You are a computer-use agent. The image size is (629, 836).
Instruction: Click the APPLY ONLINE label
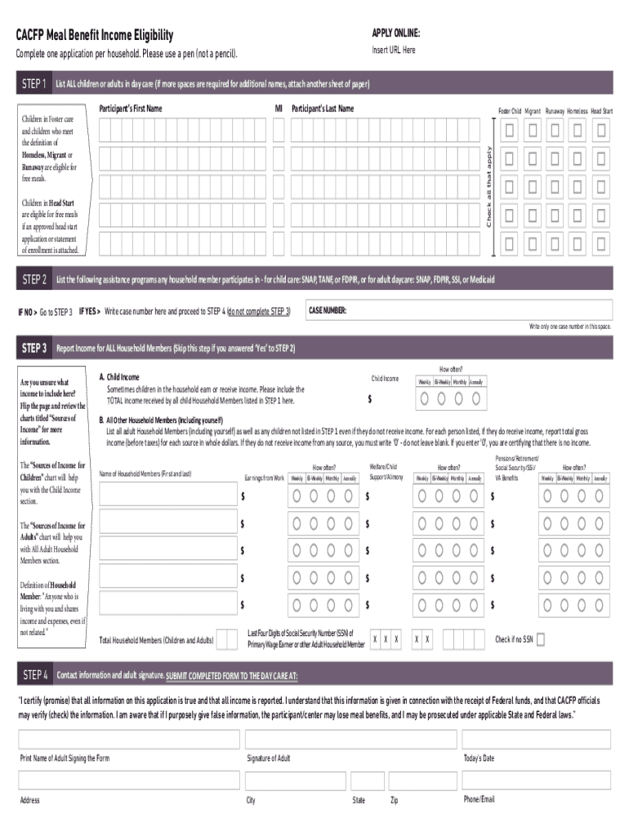396,33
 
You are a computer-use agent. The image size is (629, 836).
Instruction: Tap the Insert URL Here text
394,51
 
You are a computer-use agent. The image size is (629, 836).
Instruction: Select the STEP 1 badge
33,84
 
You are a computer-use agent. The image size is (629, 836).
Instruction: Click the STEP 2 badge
33,280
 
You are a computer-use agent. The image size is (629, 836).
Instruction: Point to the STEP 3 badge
33,349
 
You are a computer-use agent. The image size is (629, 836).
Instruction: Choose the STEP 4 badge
35,675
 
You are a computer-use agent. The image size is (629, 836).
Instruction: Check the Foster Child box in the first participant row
510,131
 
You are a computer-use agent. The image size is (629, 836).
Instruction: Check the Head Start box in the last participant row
601,242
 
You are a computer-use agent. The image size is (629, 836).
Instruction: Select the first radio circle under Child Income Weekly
426,398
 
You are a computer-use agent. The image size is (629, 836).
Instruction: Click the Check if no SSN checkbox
541,640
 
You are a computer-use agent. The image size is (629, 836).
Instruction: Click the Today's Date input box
536,740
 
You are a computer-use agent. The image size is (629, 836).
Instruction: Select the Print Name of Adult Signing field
129,740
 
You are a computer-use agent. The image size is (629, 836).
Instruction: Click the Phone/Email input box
536,780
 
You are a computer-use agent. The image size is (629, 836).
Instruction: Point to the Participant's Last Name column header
323,109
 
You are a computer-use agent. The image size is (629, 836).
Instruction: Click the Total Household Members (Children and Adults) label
156,641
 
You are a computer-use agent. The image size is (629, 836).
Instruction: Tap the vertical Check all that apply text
488,187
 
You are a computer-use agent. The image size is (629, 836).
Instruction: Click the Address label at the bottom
30,800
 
